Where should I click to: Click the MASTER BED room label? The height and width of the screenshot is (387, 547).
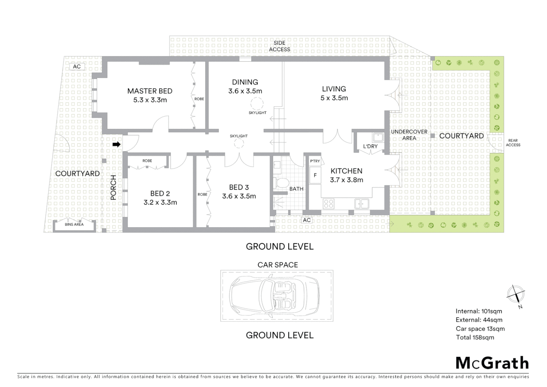pos(150,91)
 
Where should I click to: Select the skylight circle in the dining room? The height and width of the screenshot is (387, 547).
pos(256,104)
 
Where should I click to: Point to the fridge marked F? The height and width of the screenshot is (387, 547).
pos(315,175)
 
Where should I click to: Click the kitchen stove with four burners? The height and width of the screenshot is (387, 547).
pos(329,204)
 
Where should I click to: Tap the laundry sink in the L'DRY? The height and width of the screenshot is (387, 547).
pos(377,137)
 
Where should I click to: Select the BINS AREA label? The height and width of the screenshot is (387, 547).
pos(74,224)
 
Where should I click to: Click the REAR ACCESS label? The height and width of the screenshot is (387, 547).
pos(513,143)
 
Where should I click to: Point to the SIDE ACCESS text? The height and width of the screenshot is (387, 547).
pos(279,46)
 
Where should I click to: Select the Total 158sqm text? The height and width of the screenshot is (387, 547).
pos(475,337)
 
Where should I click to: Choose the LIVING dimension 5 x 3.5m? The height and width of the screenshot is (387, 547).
pos(334,98)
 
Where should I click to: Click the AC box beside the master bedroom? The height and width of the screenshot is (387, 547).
pos(77,66)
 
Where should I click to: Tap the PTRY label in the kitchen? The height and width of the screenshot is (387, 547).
pos(315,161)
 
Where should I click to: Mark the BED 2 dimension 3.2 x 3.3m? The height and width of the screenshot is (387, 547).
pos(160,202)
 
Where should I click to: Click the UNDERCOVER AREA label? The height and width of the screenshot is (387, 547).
pos(409,135)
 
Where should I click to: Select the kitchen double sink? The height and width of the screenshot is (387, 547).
pos(362,204)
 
